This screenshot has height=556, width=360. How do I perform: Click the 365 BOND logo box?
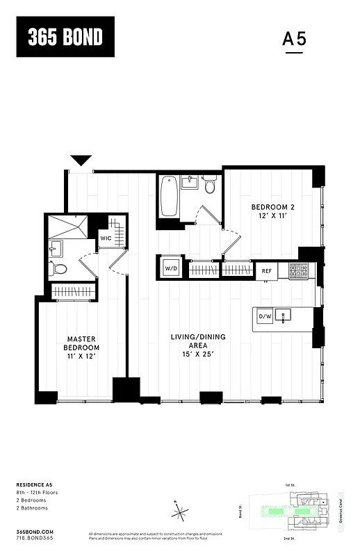(65, 37)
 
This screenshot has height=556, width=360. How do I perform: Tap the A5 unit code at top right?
(294, 40)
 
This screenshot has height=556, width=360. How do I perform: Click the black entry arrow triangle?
(81, 161)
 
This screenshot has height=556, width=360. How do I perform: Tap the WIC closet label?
(106, 238)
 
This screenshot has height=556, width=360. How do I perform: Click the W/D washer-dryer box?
(171, 268)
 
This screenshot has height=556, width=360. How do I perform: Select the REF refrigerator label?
(266, 270)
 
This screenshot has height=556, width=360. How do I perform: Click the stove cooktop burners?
(298, 270)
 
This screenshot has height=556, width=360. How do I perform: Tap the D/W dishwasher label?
(264, 317)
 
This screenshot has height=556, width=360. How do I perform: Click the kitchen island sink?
(284, 316)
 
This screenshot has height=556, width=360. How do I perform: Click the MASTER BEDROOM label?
(82, 347)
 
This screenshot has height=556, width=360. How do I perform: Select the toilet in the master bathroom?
(60, 269)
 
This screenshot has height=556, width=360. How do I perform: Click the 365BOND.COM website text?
(33, 531)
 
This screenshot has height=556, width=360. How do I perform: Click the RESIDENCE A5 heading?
(35, 484)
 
